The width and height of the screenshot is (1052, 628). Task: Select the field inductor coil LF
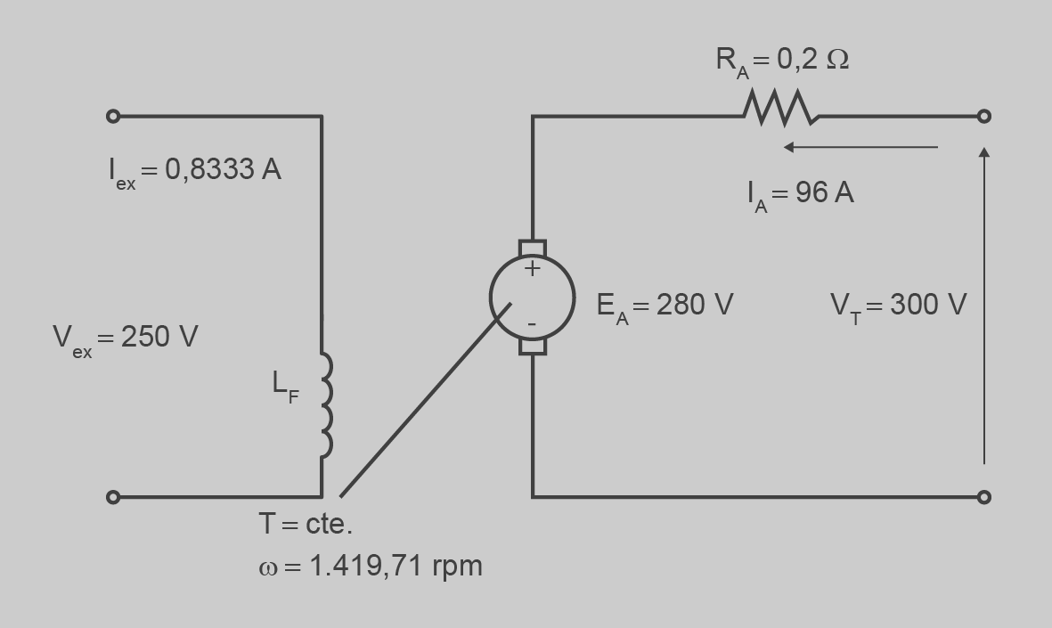(x=326, y=405)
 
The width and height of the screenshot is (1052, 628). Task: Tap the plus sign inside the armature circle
(x=532, y=269)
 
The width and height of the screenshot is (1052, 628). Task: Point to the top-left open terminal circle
(x=113, y=116)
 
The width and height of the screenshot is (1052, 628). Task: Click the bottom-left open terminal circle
(x=113, y=497)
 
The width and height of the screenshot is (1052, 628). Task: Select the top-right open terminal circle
(x=983, y=116)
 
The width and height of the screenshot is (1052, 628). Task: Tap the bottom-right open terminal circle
(x=983, y=497)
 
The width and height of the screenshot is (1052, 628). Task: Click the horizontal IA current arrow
(x=860, y=147)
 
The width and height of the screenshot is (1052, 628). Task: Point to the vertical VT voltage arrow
(x=984, y=306)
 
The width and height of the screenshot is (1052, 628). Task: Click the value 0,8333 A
(x=223, y=169)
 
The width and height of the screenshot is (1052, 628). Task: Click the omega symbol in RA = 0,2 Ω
(x=837, y=59)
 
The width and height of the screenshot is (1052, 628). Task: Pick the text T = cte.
(x=306, y=524)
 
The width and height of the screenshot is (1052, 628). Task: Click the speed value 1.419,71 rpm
(x=396, y=567)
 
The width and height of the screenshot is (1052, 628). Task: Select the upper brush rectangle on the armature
(x=533, y=249)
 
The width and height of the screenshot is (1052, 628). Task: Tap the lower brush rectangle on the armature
(x=533, y=347)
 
